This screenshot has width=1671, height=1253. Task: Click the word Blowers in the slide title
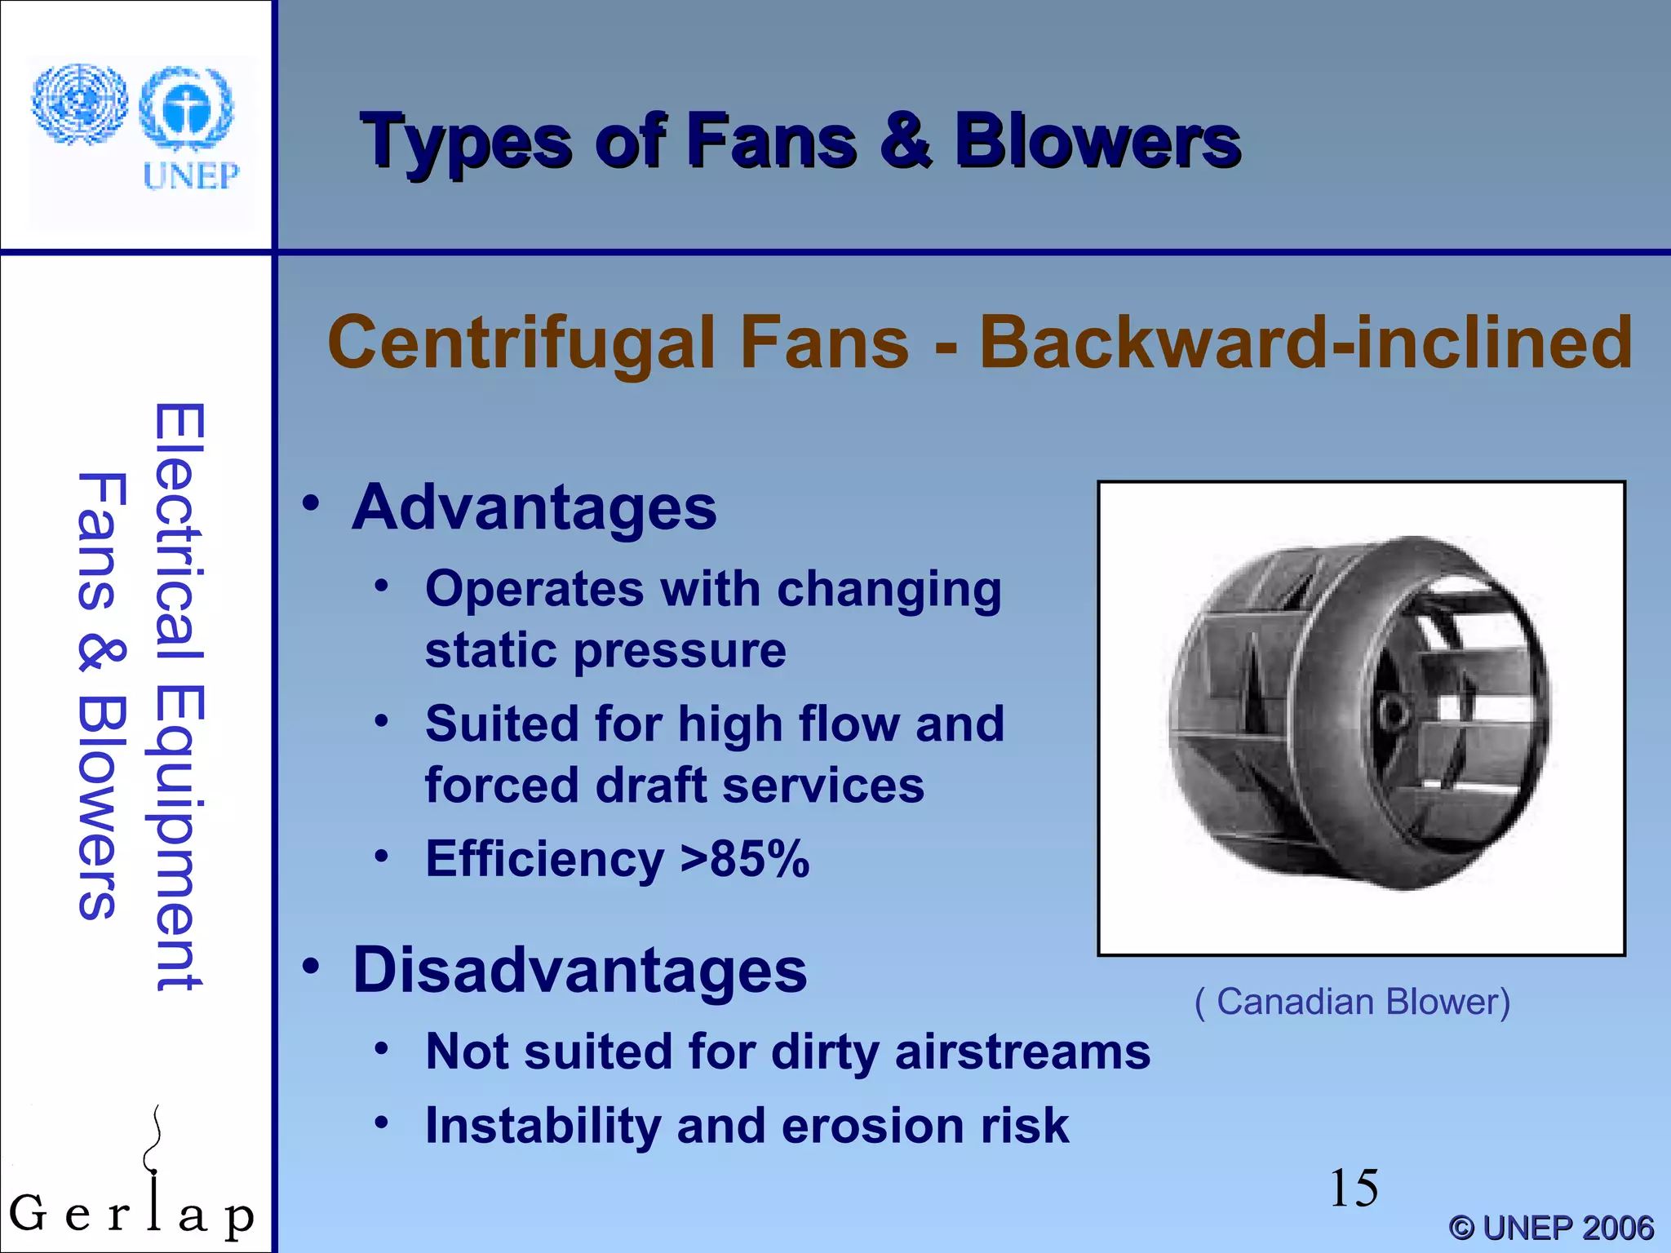(x=1097, y=143)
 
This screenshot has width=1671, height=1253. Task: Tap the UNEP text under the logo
(x=191, y=175)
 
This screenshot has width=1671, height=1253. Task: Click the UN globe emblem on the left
(x=79, y=104)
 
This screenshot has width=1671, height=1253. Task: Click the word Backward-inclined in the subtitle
(x=1305, y=343)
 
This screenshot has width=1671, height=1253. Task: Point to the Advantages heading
(x=534, y=507)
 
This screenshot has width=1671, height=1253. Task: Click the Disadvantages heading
(x=579, y=970)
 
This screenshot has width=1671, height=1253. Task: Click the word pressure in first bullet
(x=680, y=651)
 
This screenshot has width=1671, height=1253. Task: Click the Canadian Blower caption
(x=1352, y=1002)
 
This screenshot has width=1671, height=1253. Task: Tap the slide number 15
(x=1354, y=1188)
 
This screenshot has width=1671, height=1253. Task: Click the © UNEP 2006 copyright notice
(x=1551, y=1228)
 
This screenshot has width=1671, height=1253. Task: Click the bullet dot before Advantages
(x=311, y=503)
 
